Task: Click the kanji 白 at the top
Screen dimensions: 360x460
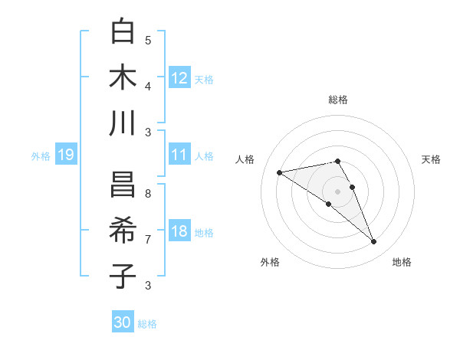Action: pos(123,32)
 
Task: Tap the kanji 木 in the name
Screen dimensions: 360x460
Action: pos(123,78)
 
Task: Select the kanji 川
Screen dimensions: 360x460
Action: pos(123,123)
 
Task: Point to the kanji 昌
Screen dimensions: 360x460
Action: pos(123,185)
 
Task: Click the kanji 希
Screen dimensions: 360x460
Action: pos(123,231)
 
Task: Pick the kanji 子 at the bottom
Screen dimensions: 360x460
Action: pos(123,277)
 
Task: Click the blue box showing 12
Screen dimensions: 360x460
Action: pos(179,78)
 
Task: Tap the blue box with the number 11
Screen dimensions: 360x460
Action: pos(179,155)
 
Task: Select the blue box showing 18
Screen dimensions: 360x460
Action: pos(179,232)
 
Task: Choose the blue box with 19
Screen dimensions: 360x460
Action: pos(66,155)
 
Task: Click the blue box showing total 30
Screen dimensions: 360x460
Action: pos(123,322)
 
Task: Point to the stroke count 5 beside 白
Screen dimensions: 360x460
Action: pos(148,41)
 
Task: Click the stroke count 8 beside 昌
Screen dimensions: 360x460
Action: pos(148,194)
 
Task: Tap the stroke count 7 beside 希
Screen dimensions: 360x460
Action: pos(148,240)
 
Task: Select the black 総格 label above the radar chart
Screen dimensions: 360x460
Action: pos(338,100)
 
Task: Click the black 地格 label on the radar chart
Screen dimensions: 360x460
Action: pos(402,262)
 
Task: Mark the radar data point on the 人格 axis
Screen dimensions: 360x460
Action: pos(279,172)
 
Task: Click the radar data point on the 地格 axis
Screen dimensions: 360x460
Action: pos(373,242)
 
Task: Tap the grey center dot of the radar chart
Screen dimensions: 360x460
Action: pos(337,191)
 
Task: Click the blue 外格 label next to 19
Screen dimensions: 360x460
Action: pos(41,156)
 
